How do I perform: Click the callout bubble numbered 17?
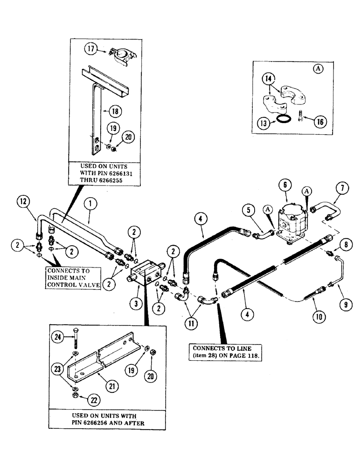90,48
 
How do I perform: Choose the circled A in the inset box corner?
317,68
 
